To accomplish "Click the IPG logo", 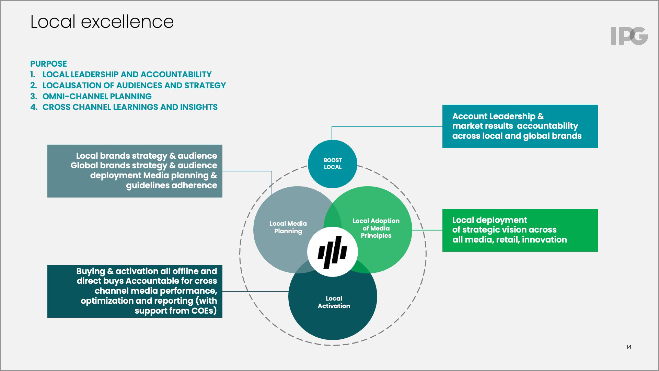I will click(x=629, y=36).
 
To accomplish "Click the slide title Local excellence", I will click(x=102, y=22).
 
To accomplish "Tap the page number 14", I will click(x=629, y=347).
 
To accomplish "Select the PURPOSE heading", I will click(x=48, y=64).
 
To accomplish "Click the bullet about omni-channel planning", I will click(x=97, y=97).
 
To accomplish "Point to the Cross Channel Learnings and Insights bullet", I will click(x=130, y=107).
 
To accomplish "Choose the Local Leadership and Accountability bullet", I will click(x=127, y=75).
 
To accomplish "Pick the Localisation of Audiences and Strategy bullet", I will click(x=134, y=86).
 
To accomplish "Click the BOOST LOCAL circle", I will click(x=333, y=164).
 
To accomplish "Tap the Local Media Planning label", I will click(x=288, y=227).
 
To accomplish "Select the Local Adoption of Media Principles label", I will click(x=376, y=228).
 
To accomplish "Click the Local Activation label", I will click(x=334, y=302).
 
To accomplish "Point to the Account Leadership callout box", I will click(x=520, y=126).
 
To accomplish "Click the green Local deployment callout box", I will click(x=520, y=230).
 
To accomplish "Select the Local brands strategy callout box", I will click(x=135, y=171).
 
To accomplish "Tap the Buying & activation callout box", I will click(x=135, y=291).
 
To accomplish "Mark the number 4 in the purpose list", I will click(x=33, y=107).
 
